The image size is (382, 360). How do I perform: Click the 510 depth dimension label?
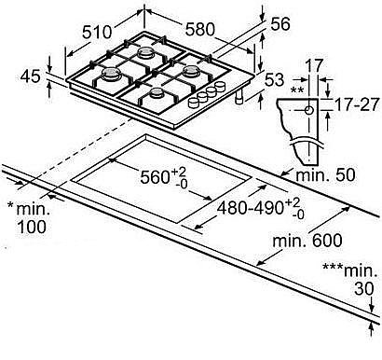(97, 32)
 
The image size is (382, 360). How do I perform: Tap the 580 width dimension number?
(199, 30)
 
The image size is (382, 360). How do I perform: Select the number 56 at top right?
(280, 24)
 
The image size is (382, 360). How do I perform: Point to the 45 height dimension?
(31, 76)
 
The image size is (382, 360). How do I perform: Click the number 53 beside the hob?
(275, 79)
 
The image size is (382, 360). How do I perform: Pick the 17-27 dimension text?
(357, 104)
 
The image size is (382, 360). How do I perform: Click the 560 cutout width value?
(155, 177)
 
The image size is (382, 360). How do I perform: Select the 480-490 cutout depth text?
(251, 208)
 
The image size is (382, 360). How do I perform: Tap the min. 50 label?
(325, 174)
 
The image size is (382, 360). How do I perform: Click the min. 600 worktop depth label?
(307, 241)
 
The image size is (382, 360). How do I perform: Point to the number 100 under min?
(32, 227)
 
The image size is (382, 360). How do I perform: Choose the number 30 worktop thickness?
(364, 289)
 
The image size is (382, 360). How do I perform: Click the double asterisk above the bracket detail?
(296, 90)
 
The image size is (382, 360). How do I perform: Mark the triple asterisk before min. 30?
(333, 267)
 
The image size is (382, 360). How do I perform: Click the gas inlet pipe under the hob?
(239, 97)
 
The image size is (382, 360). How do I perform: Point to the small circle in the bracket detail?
(308, 110)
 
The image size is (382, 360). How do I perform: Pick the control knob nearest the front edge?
(194, 104)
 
